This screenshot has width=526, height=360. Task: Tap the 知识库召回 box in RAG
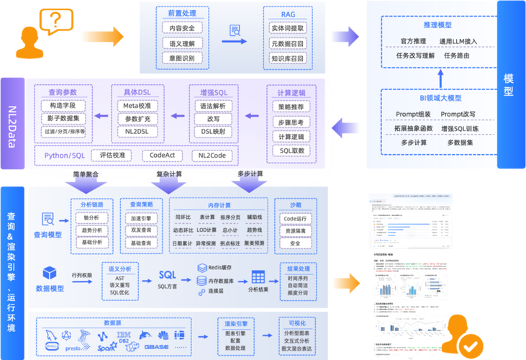pyautogui.click(x=288, y=58)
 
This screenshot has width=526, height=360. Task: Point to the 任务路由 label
pyautogui.click(x=457, y=55)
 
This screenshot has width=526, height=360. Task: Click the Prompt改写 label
pyautogui.click(x=458, y=114)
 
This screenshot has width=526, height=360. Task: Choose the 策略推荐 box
pyautogui.click(x=291, y=107)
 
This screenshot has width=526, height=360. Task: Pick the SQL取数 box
pyautogui.click(x=291, y=151)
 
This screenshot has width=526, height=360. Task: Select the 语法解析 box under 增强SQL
pyautogui.click(x=213, y=106)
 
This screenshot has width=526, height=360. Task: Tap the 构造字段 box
pyautogui.click(x=63, y=106)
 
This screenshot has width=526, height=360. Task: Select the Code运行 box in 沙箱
pyautogui.click(x=295, y=217)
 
